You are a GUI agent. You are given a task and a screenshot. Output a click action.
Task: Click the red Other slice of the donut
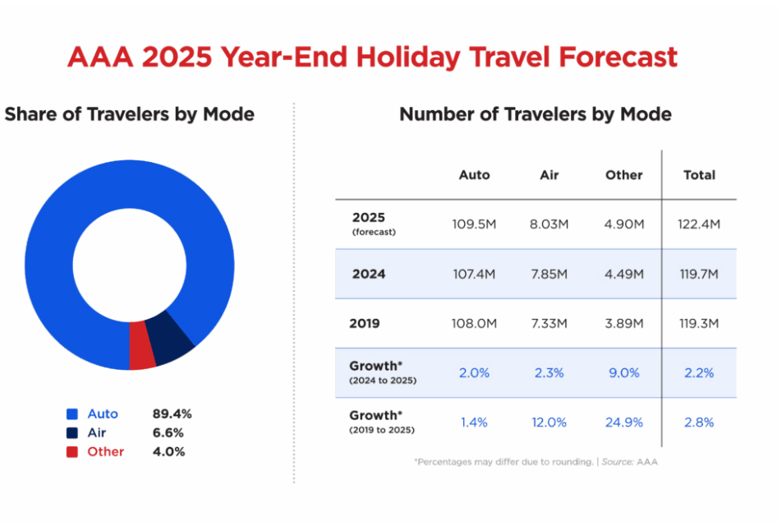142,345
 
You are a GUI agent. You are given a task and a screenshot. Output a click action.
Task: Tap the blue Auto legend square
71,414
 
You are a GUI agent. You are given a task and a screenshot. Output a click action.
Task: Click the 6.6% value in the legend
168,432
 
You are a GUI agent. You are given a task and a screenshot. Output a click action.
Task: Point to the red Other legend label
106,451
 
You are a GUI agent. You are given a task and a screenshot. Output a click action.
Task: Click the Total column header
699,175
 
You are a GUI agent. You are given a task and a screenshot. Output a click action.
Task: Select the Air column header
550,175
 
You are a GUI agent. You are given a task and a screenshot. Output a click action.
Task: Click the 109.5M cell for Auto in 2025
474,224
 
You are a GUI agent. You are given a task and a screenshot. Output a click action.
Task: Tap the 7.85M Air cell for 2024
550,274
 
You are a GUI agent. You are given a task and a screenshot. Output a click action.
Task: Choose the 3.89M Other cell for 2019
623,323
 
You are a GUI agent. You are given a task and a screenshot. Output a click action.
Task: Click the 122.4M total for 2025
699,224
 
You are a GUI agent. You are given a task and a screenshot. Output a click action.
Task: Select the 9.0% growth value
623,372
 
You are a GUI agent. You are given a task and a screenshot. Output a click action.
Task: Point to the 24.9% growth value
623,422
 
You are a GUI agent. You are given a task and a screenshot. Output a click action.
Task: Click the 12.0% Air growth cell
550,422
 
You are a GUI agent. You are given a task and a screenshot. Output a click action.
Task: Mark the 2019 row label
365,323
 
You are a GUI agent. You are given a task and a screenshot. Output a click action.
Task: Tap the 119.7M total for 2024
699,274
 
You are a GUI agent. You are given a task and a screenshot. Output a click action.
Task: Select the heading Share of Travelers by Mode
129,114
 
